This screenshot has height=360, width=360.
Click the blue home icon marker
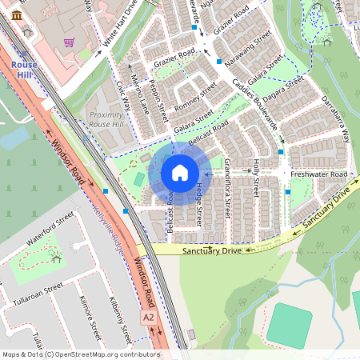(x=180, y=173)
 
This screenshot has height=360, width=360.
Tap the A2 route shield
(x=148, y=318)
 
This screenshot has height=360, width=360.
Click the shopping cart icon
(x=70, y=42)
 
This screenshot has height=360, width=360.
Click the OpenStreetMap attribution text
(x=81, y=354)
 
